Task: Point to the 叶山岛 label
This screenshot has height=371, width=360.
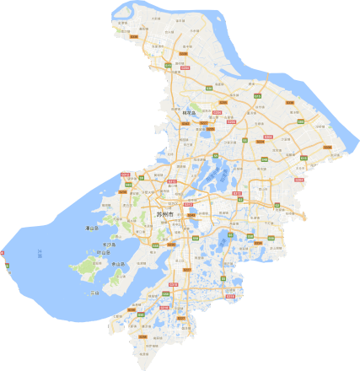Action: [x=103, y=253]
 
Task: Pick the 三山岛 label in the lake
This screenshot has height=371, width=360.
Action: [x=94, y=292]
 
